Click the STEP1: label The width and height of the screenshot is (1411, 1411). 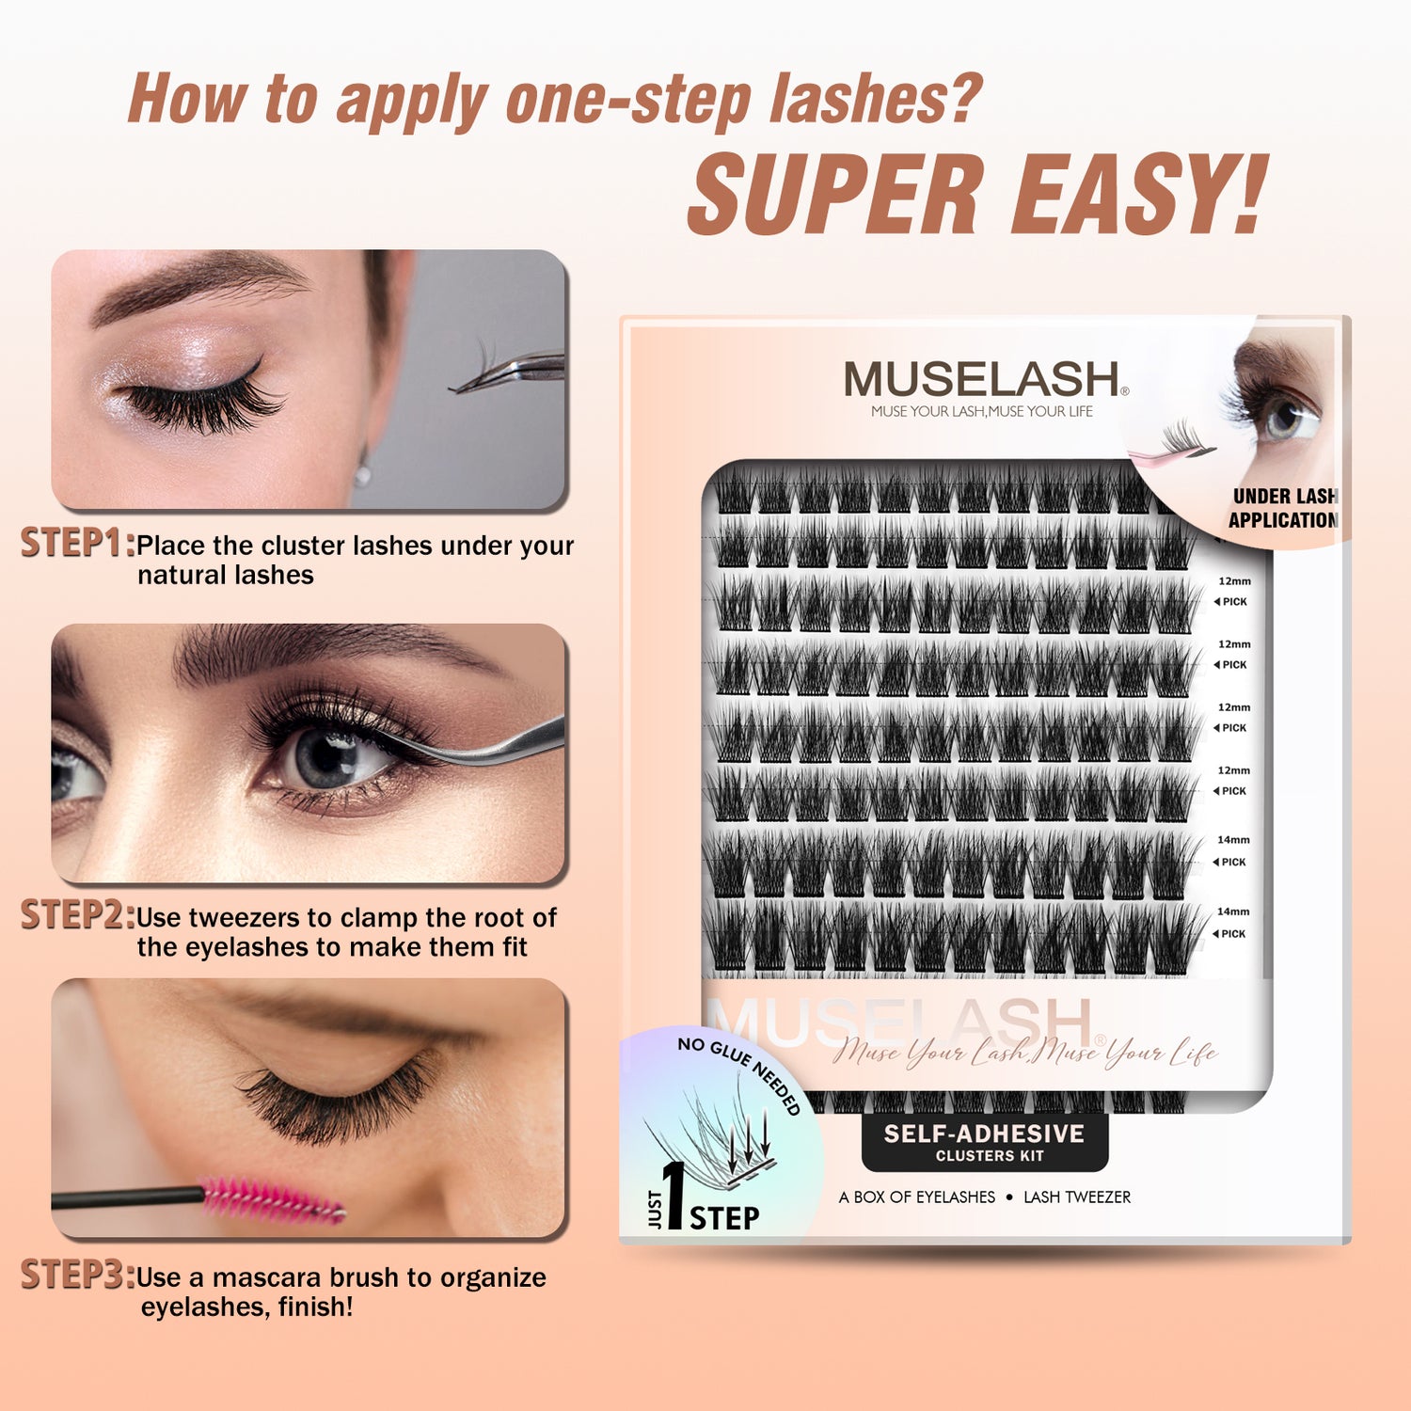coord(78,543)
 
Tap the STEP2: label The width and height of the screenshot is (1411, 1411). coord(78,914)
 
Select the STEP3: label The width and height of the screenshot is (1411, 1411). coord(78,1275)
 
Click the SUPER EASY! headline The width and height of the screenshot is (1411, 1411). coord(978,195)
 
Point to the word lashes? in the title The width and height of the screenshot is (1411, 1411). coord(876,99)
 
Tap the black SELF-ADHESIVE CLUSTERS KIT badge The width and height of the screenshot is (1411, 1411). coord(985,1142)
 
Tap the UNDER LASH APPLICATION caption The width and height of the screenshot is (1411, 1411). coord(1283,508)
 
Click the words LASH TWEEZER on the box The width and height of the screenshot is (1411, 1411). coord(1077,1197)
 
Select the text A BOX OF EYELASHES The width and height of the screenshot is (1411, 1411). coord(917,1197)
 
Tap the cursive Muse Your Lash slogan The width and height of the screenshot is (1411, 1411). coord(1025,1052)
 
